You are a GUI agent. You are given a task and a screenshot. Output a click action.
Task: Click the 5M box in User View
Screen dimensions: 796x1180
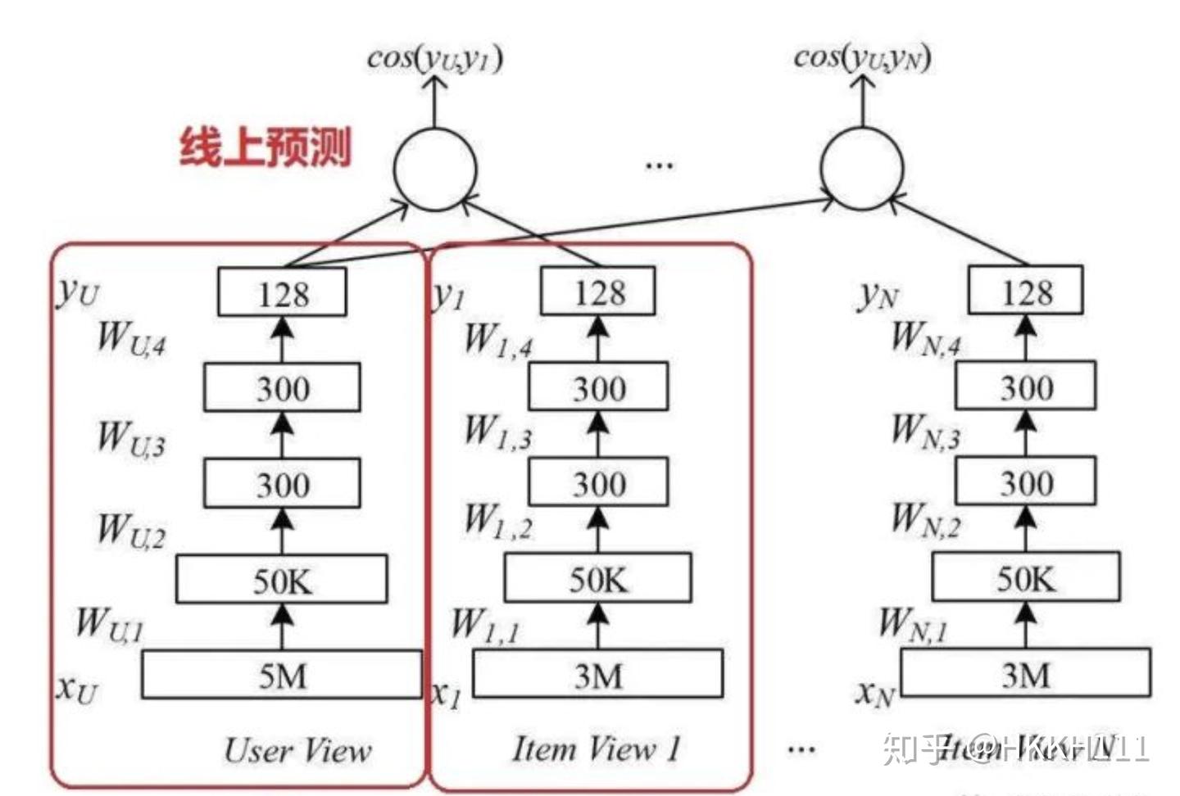[x=282, y=675]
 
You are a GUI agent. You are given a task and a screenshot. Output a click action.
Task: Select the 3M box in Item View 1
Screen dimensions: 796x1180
[x=598, y=675]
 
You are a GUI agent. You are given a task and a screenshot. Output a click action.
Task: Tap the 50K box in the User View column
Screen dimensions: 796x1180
[x=282, y=580]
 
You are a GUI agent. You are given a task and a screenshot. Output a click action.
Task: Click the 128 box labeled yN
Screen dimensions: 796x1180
[x=1026, y=291]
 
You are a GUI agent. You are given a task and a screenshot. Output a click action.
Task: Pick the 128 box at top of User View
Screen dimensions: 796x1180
[x=282, y=292]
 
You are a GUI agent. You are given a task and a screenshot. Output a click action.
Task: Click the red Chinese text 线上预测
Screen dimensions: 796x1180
[x=265, y=147]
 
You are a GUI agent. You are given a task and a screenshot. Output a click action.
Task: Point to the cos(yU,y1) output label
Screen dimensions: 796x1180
[x=434, y=58]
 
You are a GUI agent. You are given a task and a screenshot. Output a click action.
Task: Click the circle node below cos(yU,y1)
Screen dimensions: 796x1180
[x=434, y=170]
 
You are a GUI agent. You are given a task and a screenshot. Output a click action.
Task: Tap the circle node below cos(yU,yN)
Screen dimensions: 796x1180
[x=862, y=168]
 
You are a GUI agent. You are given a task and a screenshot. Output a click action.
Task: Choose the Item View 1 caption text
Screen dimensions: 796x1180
[x=597, y=749]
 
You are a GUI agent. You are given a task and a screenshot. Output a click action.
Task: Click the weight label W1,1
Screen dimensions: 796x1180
[x=485, y=626]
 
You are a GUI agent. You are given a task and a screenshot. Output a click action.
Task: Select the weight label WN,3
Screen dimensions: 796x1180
[x=926, y=432]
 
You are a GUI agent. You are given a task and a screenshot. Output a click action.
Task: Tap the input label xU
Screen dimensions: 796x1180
[x=76, y=688]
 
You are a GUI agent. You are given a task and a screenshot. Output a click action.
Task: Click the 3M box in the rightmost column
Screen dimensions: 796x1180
[x=1026, y=674]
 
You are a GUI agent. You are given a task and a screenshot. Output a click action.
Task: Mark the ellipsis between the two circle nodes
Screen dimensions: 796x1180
[x=659, y=166]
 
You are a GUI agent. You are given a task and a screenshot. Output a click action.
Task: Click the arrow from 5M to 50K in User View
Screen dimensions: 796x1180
[x=282, y=626]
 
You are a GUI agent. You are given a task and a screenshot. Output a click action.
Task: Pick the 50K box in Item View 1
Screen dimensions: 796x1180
[x=598, y=578]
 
